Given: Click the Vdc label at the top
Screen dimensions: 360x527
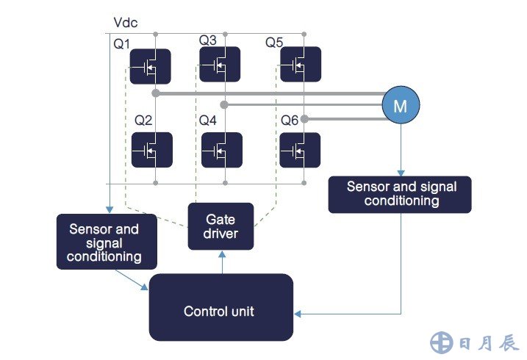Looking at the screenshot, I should point(126,23).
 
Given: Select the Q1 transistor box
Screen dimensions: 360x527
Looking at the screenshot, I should point(151,66).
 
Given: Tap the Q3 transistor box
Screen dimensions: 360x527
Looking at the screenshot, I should point(221,65).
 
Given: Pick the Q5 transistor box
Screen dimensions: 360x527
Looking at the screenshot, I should point(301,65).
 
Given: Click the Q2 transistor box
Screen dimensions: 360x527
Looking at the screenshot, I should point(151,150).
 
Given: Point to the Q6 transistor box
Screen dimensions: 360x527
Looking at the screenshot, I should point(301,150).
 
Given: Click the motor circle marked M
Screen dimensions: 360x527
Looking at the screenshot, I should point(400,106).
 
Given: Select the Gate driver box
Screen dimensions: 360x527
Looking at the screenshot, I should point(221,226).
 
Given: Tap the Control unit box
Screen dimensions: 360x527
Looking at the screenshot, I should point(221,311).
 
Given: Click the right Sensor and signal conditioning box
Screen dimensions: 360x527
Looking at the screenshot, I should point(400,193).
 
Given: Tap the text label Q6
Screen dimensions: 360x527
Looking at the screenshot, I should point(290,120).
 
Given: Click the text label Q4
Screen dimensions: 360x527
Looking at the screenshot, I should point(208,120).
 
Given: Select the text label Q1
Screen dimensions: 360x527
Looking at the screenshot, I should point(121,45).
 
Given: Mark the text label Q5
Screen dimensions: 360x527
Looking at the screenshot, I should point(274,43).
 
